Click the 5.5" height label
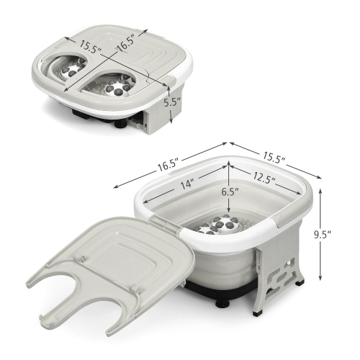tap(172, 102)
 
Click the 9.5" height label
tap(323, 235)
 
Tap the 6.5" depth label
tap(230, 192)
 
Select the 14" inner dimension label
tap(186, 184)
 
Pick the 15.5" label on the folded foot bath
tap(91, 47)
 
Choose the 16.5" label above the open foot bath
tap(168, 165)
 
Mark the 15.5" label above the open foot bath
tap(274, 157)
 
